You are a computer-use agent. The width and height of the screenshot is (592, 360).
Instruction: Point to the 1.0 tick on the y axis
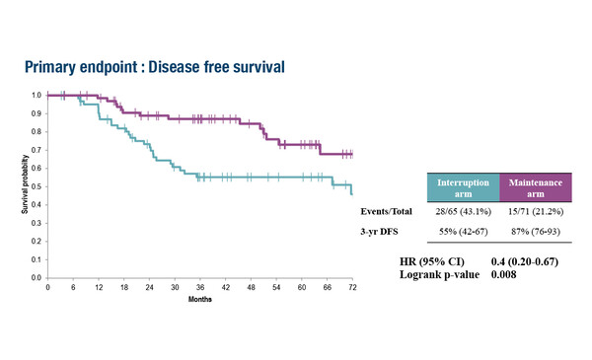[37, 95]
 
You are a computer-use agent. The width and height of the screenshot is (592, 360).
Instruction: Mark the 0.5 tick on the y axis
[37, 186]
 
